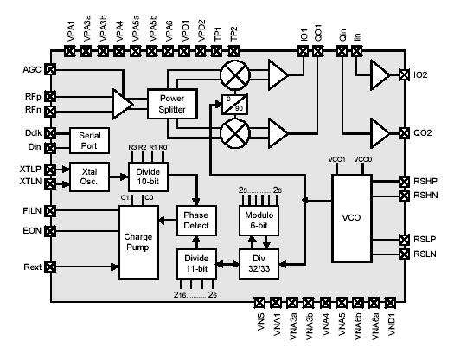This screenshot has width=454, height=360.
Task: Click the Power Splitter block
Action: pos(173,105)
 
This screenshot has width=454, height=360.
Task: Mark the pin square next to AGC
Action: pos(50,68)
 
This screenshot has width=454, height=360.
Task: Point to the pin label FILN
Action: pos(30,209)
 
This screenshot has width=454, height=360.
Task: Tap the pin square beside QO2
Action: pos(403,134)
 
